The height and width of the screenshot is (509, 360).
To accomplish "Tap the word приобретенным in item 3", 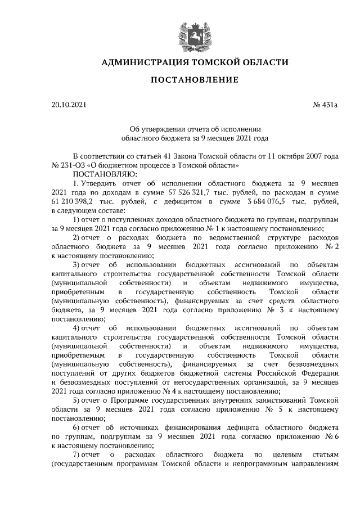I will (x=79, y=292).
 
